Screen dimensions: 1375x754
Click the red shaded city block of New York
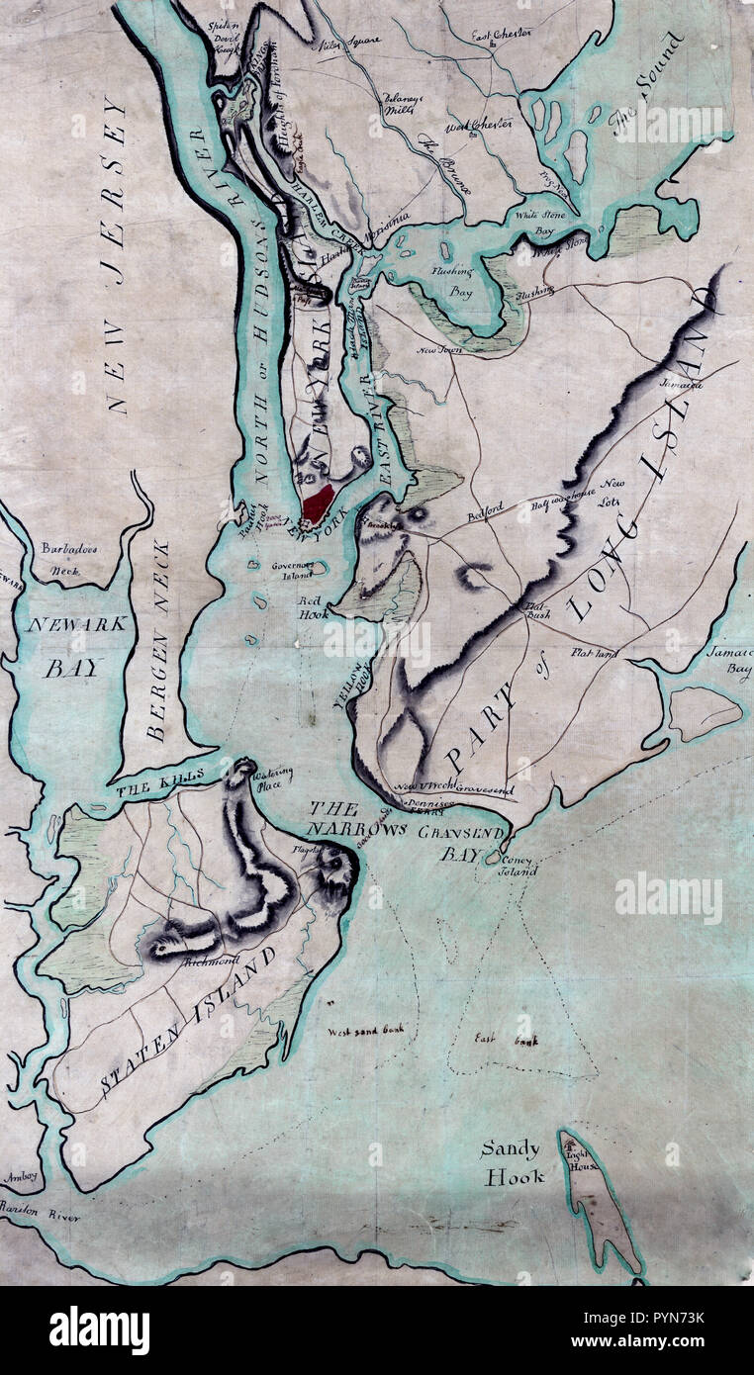coord(318,504)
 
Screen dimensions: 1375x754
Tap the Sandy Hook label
coord(512,1163)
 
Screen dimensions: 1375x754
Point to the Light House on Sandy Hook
coord(577,1154)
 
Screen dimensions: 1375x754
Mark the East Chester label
coord(501,35)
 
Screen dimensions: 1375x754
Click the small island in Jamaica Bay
coord(705,710)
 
